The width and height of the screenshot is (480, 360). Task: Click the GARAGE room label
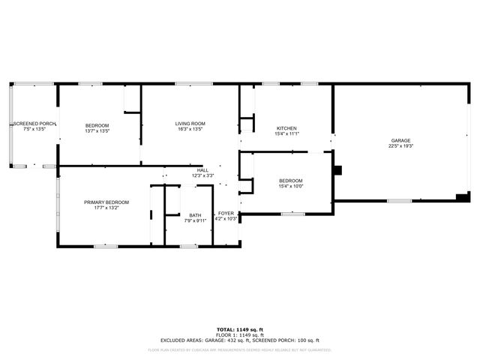click(401, 141)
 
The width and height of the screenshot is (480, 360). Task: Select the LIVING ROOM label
click(190, 124)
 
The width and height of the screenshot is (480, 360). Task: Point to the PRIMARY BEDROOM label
click(106, 202)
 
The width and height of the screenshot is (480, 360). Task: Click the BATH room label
click(195, 215)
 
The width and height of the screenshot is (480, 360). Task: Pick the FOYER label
click(226, 214)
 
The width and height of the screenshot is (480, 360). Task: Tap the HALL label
click(202, 170)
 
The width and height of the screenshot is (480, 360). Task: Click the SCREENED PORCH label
click(34, 124)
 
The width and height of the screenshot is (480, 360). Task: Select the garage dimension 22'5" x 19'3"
click(401, 146)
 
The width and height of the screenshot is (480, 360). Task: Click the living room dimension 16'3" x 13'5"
click(190, 129)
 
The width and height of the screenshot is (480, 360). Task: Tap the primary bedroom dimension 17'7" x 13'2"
click(106, 208)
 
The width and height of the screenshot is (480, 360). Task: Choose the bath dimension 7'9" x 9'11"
click(195, 220)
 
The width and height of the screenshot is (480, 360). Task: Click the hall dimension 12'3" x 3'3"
click(202, 175)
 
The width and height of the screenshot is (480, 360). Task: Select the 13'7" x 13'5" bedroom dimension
click(97, 130)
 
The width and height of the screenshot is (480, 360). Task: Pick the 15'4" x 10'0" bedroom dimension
click(291, 186)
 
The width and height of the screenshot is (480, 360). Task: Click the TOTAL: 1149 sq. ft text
click(240, 329)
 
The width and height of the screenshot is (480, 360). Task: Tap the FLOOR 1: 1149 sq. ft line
click(240, 334)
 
